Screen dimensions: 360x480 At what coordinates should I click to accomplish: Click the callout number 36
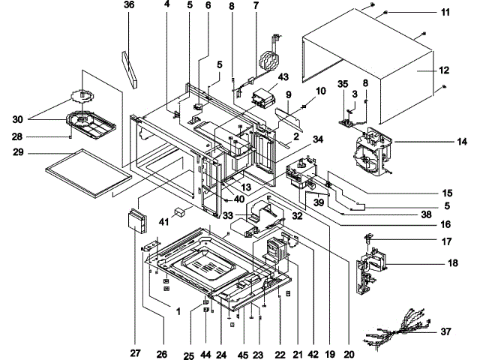point(129,5)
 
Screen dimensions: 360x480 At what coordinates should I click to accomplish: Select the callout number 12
point(444,70)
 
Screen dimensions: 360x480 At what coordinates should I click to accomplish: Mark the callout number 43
point(262,77)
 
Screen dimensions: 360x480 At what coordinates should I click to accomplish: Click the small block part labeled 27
point(136,222)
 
